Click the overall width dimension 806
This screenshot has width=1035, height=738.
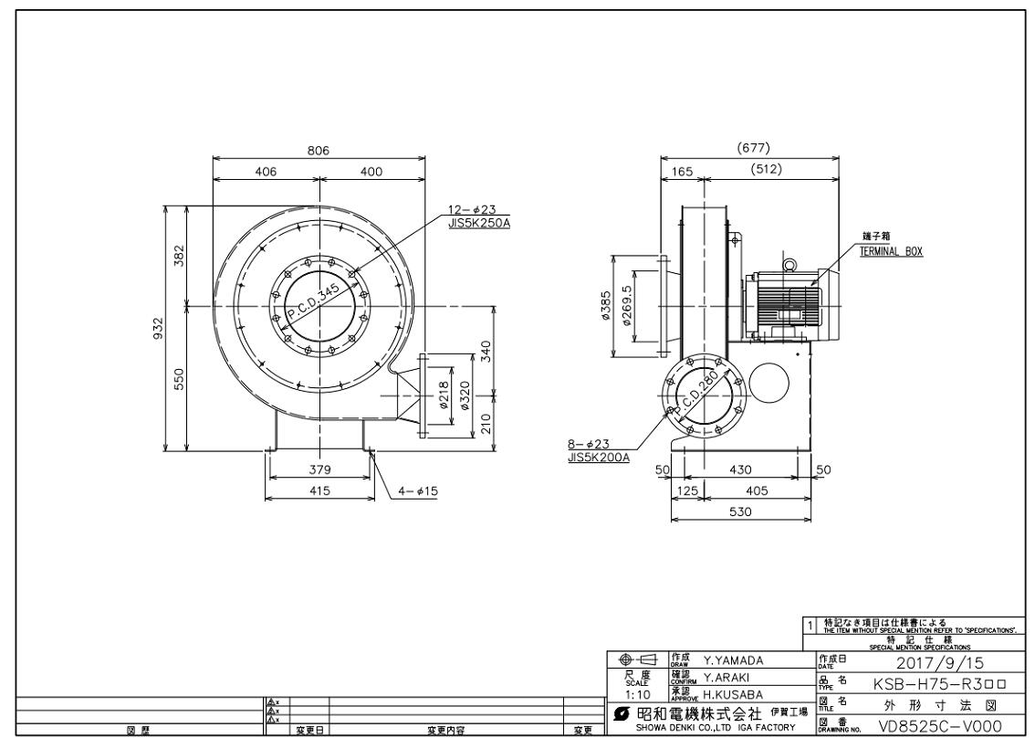pyautogui.click(x=318, y=151)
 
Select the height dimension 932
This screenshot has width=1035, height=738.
pyautogui.click(x=159, y=327)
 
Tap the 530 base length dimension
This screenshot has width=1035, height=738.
pyautogui.click(x=740, y=512)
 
